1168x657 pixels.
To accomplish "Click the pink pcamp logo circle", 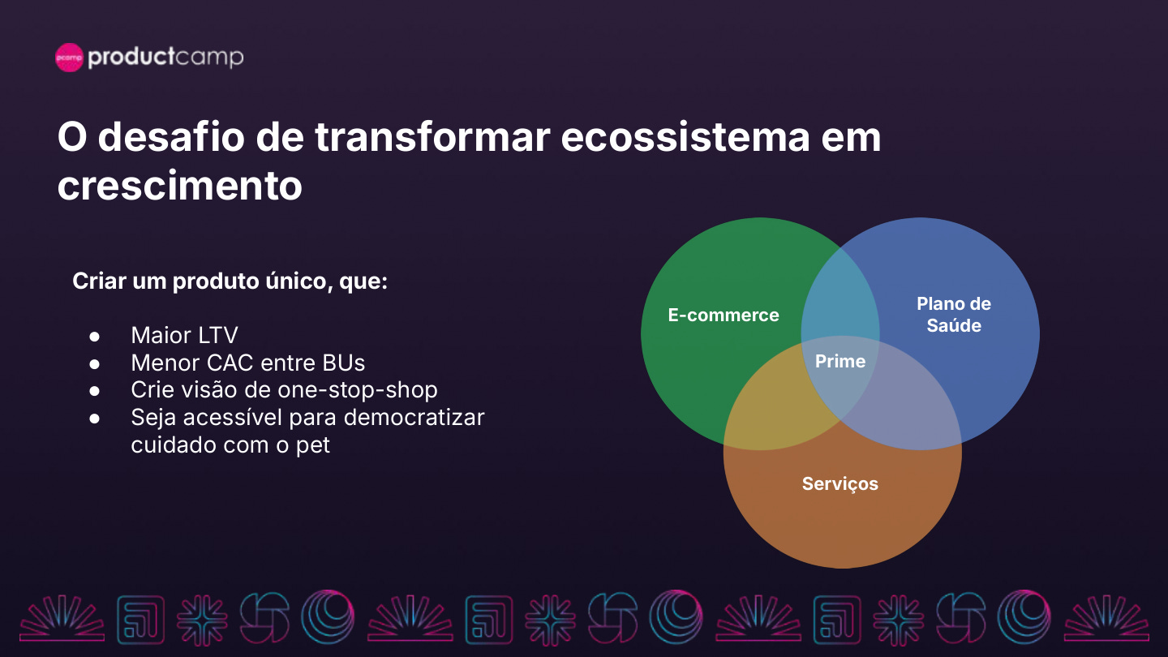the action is click(69, 58).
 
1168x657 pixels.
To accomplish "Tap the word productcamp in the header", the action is click(165, 58).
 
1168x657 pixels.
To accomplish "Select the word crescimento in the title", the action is click(179, 185).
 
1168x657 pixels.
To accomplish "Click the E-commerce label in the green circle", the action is click(724, 315).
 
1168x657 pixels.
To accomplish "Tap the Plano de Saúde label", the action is click(954, 315).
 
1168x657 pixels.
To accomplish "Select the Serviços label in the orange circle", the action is click(839, 483).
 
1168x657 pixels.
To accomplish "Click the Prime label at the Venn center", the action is click(840, 361).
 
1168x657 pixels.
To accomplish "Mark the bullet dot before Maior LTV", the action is click(94, 336).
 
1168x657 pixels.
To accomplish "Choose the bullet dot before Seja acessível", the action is click(94, 419).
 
